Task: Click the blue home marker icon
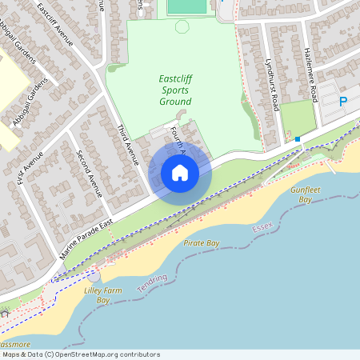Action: tap(180, 172)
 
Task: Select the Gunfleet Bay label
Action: tap(306, 194)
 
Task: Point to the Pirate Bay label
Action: tap(201, 242)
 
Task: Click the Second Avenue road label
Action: tap(89, 174)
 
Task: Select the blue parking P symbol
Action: tap(343, 102)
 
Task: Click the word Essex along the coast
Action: tap(262, 228)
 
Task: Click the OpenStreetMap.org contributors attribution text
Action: tap(109, 354)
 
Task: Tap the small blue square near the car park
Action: tap(298, 139)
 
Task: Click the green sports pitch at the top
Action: tap(186, 7)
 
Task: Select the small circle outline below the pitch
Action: tap(182, 26)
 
